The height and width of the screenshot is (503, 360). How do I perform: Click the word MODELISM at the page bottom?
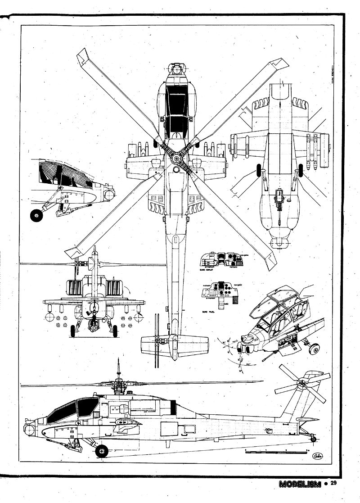click(x=299, y=484)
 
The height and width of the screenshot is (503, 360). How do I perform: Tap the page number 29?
click(x=333, y=484)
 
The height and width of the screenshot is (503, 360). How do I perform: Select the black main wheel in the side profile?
click(x=102, y=450)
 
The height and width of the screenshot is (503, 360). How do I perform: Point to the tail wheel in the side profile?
click(x=315, y=437)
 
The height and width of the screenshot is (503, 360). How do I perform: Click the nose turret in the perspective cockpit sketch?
click(x=250, y=346)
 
